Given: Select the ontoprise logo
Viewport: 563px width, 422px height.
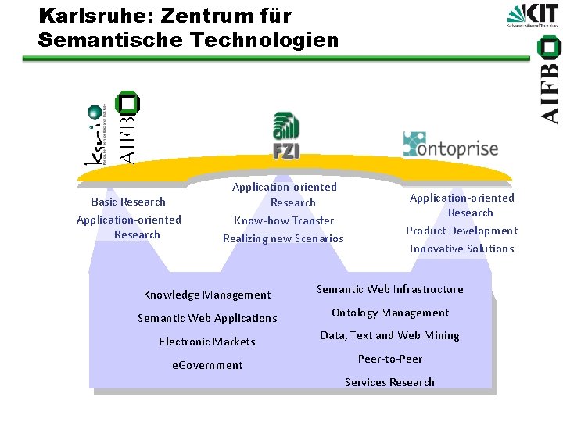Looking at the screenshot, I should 450,145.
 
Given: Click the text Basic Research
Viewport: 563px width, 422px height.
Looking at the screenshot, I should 128,202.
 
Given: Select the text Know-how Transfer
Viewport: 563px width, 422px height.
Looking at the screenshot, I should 284,220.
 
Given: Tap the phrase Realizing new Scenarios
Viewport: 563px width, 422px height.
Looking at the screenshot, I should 283,238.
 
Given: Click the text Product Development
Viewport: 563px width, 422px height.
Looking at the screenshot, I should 461,231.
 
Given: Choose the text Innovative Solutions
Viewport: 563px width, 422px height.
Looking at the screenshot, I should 462,249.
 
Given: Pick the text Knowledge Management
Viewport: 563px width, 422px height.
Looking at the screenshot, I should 207,295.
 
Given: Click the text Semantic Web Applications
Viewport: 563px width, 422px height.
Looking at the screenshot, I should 207,318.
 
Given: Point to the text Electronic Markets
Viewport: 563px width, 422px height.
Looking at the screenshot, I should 207,342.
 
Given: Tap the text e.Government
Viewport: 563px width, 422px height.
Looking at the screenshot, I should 207,365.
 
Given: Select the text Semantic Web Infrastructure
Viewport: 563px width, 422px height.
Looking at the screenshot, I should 389,289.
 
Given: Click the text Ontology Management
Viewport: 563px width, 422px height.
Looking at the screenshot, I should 389,313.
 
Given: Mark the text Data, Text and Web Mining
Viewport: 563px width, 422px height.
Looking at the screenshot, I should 389,335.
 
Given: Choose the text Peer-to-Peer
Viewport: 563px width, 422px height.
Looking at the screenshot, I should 389,359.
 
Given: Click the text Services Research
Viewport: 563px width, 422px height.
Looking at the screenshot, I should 389,382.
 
